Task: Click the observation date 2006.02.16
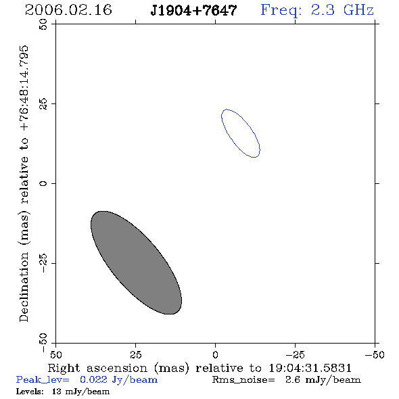point(68,10)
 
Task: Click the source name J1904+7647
point(193,10)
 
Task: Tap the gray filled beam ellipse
point(136,262)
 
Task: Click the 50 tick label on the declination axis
point(43,24)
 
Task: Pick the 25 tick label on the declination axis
point(43,104)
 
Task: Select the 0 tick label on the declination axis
point(43,183)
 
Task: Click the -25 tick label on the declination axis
point(43,263)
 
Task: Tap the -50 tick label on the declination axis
point(43,343)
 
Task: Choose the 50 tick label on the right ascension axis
point(55,354)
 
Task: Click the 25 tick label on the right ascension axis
point(136,354)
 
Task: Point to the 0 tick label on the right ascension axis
point(215,354)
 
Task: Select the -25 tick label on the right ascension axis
point(295,354)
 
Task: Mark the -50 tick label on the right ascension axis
point(375,354)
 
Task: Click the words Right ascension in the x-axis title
point(97,368)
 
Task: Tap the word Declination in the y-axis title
point(24,287)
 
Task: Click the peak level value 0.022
point(93,379)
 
